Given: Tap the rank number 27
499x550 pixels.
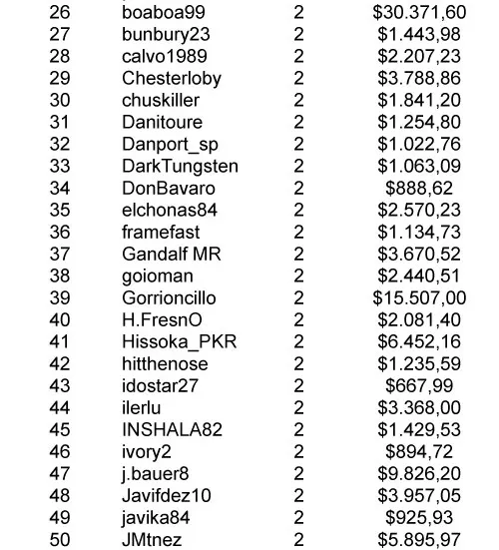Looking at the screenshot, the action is tap(60, 34).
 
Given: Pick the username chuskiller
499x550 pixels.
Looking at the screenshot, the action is tap(161, 100).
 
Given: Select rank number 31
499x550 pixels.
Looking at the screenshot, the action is tap(60, 122).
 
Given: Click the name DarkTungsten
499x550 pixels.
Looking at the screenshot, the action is tap(175, 166).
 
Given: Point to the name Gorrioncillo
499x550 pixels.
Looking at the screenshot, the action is tap(169, 297).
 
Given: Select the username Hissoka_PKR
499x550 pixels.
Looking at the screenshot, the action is tap(173, 341).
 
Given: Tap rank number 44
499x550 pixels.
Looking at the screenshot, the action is tap(60, 407).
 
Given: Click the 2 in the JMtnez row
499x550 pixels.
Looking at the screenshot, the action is tap(298, 539).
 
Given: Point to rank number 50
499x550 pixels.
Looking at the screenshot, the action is tap(60, 539).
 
